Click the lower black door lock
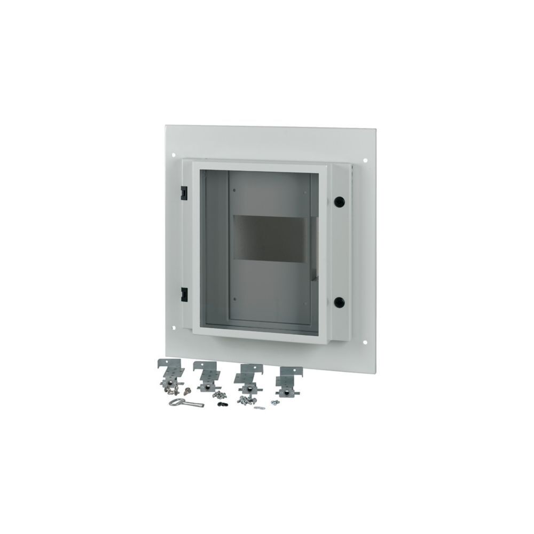tap(339, 302)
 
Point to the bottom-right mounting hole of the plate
tap(365, 342)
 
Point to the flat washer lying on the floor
tap(260, 408)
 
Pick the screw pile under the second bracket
tap(218, 395)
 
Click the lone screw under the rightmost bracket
tap(274, 402)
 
